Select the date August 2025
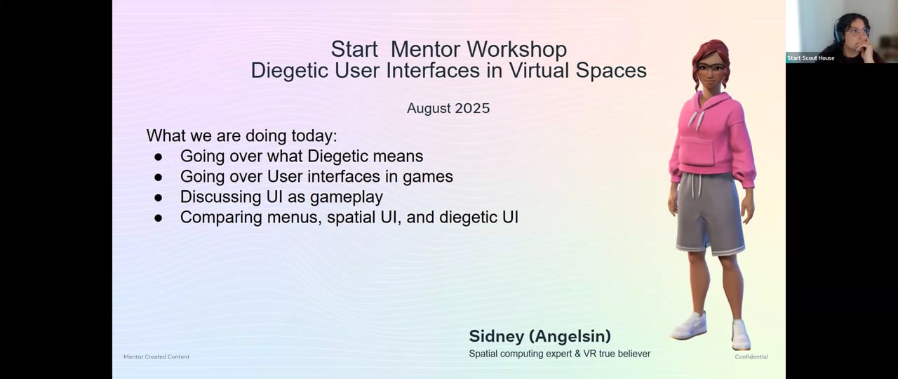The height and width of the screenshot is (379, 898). (448, 108)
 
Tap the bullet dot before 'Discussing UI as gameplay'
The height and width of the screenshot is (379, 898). (159, 198)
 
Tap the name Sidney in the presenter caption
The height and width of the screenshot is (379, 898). (496, 336)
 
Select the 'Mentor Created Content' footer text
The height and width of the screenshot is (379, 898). (156, 357)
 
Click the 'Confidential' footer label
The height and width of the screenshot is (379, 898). (751, 357)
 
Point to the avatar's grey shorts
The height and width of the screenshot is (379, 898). (709, 214)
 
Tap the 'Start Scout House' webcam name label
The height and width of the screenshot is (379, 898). (810, 58)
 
